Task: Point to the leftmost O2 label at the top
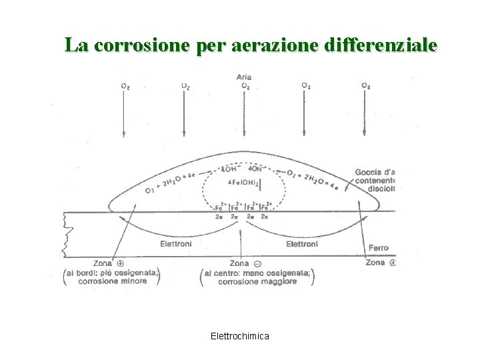click(x=125, y=86)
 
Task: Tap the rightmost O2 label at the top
click(x=366, y=86)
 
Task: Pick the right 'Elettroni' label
click(x=302, y=244)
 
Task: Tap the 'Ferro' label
click(x=378, y=248)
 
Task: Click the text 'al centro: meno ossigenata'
click(x=257, y=272)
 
